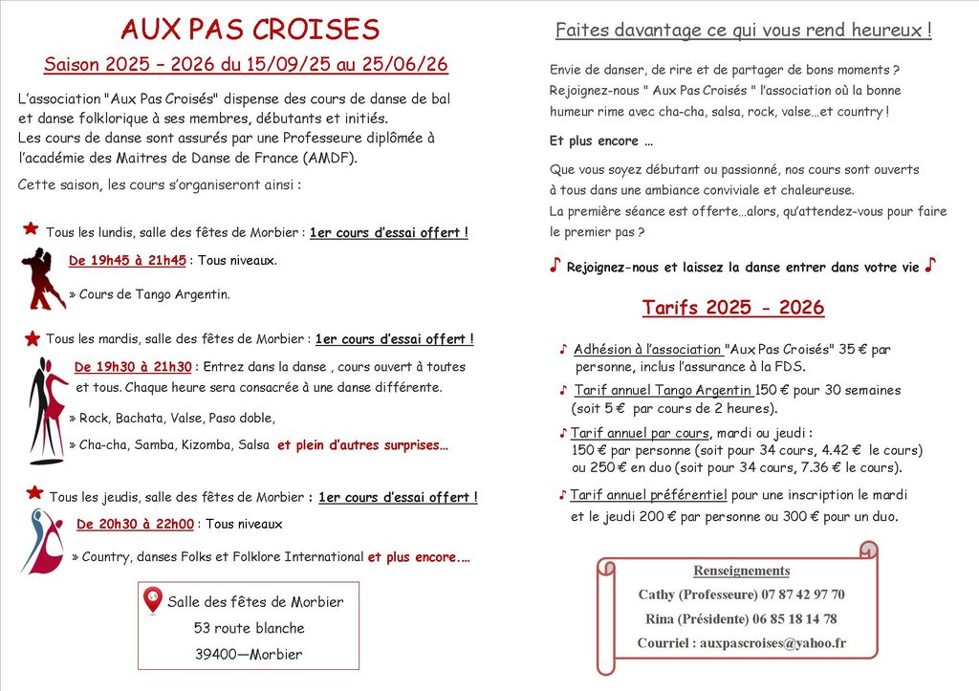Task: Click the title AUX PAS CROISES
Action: pos(250,30)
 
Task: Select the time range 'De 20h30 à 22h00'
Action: pos(135,524)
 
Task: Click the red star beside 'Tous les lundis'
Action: pos(31,229)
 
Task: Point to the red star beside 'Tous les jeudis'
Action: pos(34,493)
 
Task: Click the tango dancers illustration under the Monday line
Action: pos(42,278)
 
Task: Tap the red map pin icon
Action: pos(152,600)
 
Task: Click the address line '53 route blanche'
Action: pos(249,628)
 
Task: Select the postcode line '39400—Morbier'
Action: pos(249,655)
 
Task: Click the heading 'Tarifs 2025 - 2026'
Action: pos(733,308)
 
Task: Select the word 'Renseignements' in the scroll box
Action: pos(742,571)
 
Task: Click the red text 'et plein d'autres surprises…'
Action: pos(362,444)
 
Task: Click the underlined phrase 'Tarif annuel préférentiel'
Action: pos(648,495)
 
